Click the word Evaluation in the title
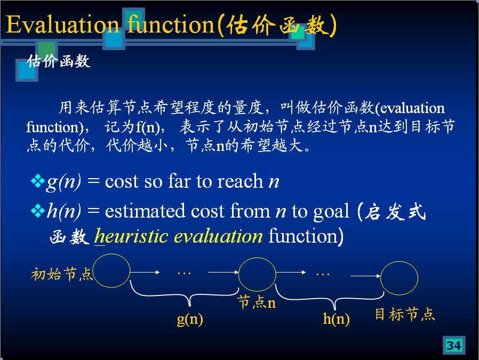point(62,25)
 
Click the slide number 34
point(453,346)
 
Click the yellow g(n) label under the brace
point(190,319)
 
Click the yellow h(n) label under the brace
point(337,319)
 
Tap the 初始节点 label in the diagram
point(62,274)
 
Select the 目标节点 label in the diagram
point(405,314)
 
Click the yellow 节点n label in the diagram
point(257,302)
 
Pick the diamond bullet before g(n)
point(37,181)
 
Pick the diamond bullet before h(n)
point(37,211)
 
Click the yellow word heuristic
point(131,236)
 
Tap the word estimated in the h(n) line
point(145,211)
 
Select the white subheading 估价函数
point(58,61)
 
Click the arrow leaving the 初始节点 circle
point(145,272)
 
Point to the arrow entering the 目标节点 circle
point(365,276)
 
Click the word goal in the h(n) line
point(331,212)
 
